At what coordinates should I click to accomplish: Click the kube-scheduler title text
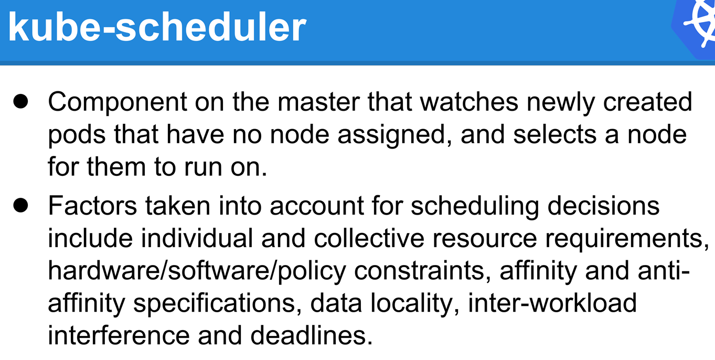pyautogui.click(x=157, y=27)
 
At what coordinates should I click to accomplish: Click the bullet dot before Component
pyautogui.click(x=21, y=101)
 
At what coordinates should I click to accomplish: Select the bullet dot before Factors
pyautogui.click(x=21, y=205)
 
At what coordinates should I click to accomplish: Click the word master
pyautogui.click(x=318, y=102)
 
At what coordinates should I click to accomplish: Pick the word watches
pyautogui.click(x=469, y=102)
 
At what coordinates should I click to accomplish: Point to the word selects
pyautogui.click(x=555, y=134)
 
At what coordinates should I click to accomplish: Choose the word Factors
pyautogui.click(x=92, y=205)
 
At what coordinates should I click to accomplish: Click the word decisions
pyautogui.click(x=604, y=205)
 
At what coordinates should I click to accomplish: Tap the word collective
pyautogui.click(x=369, y=238)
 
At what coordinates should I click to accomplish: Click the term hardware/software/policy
pyautogui.click(x=197, y=271)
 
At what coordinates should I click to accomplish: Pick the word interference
pyautogui.click(x=119, y=335)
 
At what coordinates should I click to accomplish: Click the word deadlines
pyautogui.click(x=312, y=335)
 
